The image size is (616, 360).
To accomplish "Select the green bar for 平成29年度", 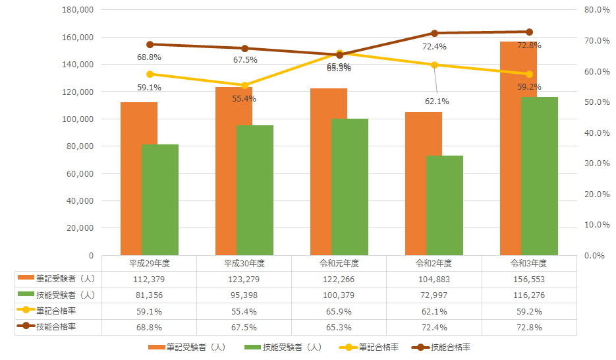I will click(x=160, y=199).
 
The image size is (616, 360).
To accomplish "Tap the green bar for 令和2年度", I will click(x=445, y=205).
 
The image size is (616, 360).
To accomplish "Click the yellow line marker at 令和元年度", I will click(x=339, y=53).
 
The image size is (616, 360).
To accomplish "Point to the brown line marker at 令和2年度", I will click(x=434, y=33).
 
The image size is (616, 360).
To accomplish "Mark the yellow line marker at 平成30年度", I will click(x=244, y=85).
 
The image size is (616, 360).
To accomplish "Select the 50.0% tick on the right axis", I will click(x=598, y=102).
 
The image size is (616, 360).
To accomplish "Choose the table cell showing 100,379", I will click(x=339, y=295).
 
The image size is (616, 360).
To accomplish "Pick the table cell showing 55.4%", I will click(x=244, y=311).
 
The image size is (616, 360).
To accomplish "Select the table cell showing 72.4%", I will click(x=434, y=327).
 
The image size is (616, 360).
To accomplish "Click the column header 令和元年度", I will click(x=339, y=263).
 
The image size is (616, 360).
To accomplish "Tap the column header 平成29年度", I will click(x=150, y=263).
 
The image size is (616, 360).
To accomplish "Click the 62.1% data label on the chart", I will click(x=435, y=102).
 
